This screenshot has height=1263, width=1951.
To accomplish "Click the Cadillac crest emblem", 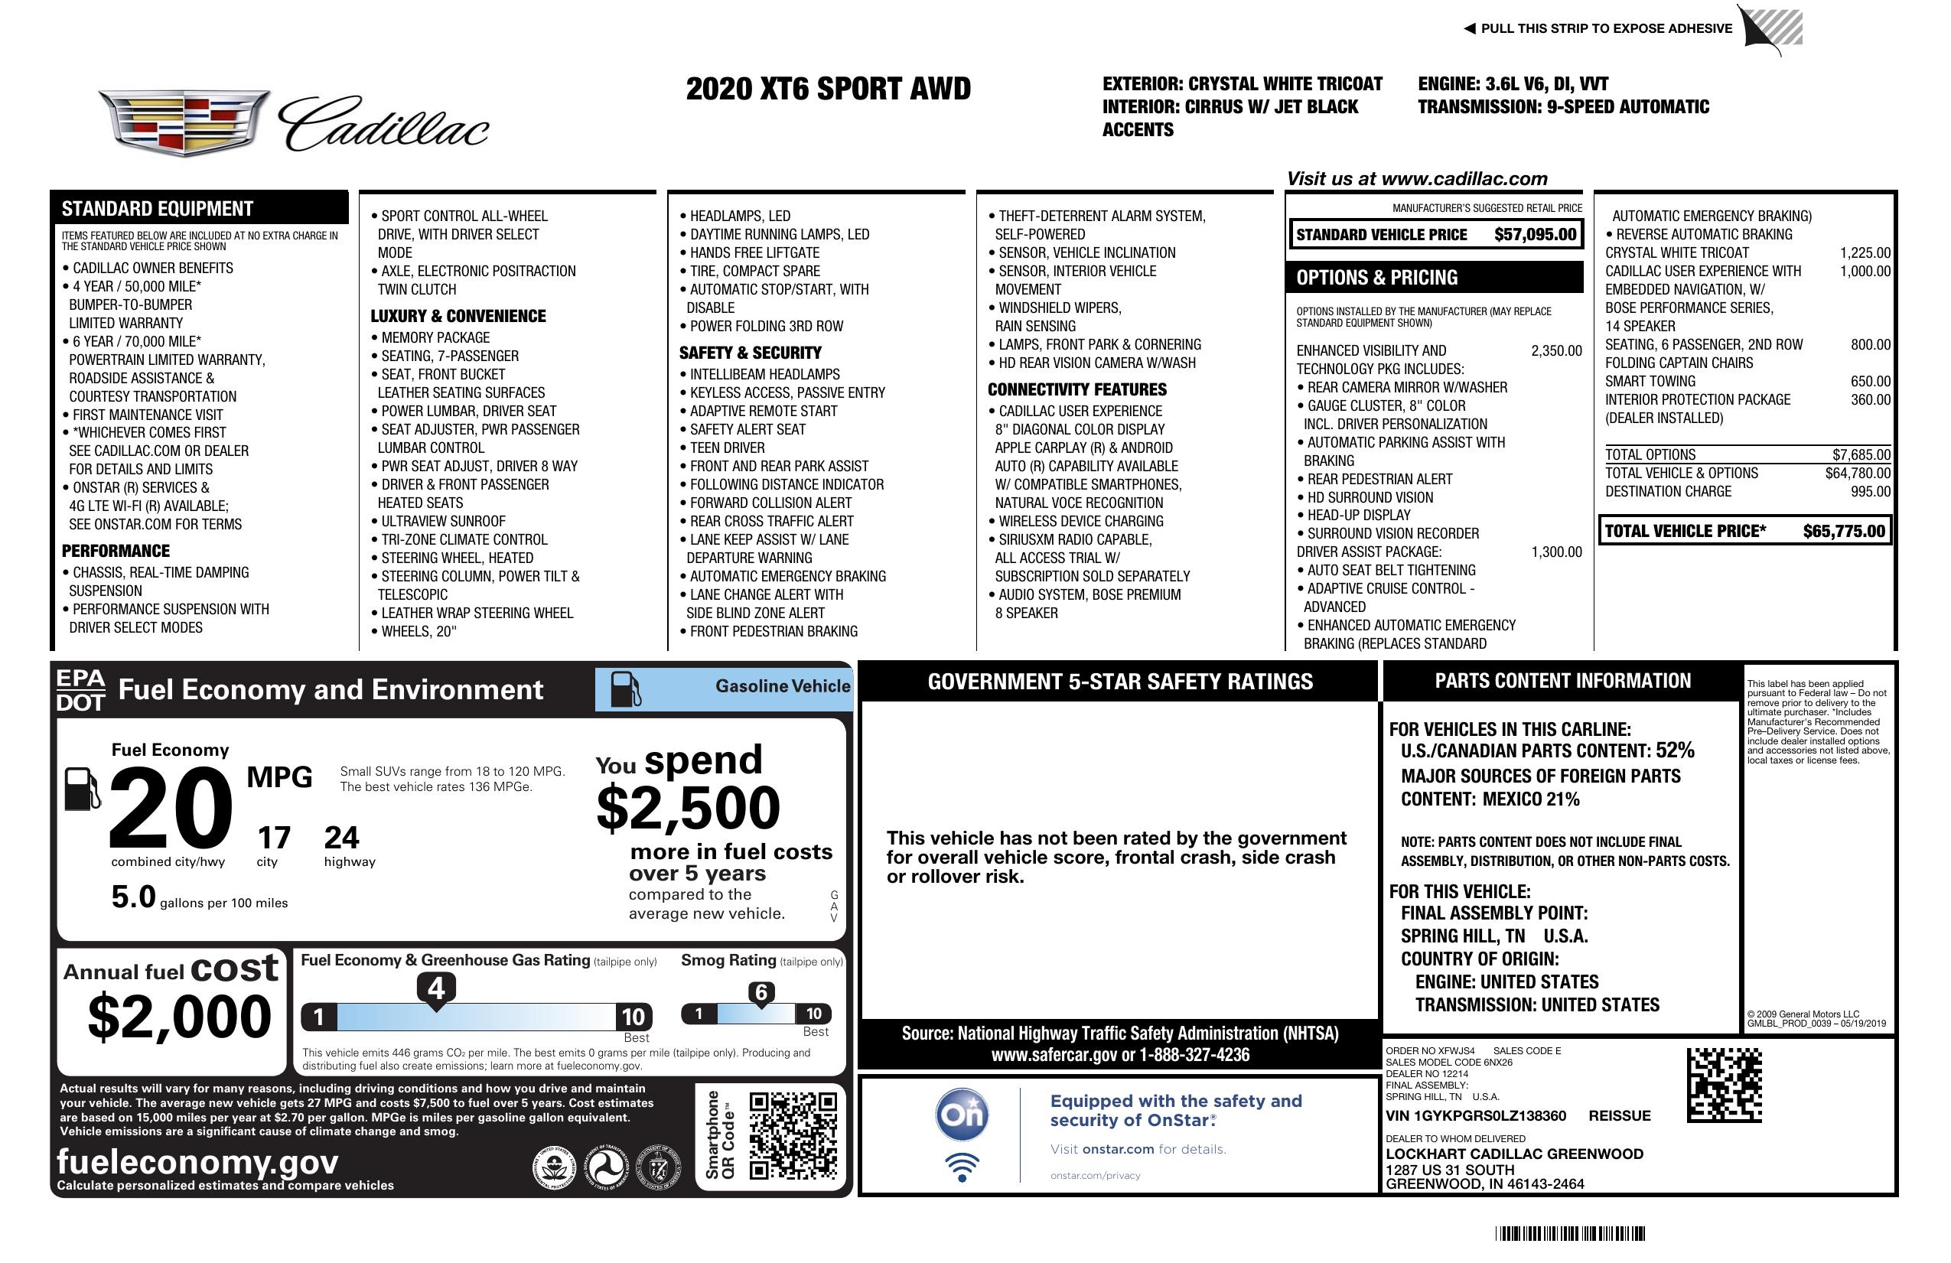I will click(184, 123).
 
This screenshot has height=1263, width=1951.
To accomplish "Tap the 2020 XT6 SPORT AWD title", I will click(828, 89).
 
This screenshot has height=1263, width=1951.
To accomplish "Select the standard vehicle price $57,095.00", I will click(1535, 235).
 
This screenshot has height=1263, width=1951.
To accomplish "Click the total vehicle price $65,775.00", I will click(1844, 531).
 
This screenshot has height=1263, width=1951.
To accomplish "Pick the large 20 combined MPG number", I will click(170, 808).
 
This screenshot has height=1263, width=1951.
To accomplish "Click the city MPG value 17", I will click(274, 838).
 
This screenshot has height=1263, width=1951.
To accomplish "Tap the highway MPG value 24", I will click(341, 838).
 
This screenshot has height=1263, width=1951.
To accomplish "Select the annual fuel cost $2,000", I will click(179, 1017).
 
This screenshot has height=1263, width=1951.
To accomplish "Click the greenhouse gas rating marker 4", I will click(436, 988).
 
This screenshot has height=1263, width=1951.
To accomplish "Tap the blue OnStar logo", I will click(962, 1115).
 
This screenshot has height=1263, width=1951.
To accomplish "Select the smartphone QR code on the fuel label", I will click(793, 1136).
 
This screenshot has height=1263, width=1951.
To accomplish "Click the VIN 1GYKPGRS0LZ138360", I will click(1476, 1116).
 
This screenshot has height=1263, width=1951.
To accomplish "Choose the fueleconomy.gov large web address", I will click(197, 1162).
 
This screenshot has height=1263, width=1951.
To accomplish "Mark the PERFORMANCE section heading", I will click(116, 552).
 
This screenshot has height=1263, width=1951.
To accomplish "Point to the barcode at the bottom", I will click(1569, 1233).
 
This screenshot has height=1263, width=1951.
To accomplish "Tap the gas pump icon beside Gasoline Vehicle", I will click(627, 689).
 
